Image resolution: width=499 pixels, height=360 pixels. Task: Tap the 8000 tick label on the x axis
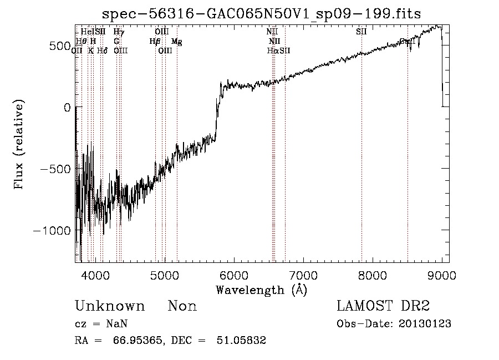tap(373, 275)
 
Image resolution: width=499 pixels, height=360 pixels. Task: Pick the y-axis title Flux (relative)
tap(19, 146)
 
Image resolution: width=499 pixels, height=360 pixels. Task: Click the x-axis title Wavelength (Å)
tap(261, 290)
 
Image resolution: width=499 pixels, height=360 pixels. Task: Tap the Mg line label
tap(176, 42)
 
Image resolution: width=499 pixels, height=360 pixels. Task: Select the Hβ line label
tap(155, 42)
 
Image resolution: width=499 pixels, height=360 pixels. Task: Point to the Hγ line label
tap(118, 32)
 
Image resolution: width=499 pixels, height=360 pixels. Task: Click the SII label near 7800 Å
tap(361, 32)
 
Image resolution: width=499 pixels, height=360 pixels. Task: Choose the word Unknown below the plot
tap(110, 306)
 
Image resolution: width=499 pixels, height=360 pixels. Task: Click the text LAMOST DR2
tap(383, 306)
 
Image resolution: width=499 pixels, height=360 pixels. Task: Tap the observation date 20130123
tap(425, 324)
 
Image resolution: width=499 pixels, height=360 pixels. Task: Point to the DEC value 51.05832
tap(241, 341)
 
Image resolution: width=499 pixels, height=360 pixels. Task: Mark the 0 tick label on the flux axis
tap(67, 108)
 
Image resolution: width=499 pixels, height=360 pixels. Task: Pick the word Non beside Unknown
tap(182, 306)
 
